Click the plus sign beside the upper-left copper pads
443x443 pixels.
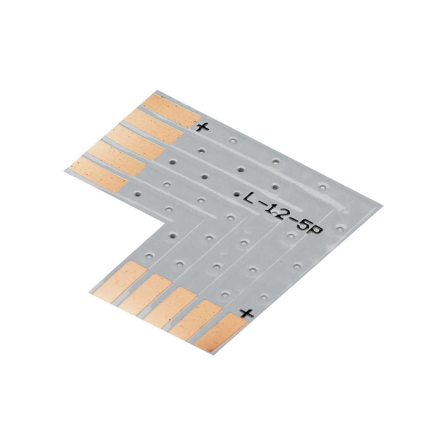click(203, 127)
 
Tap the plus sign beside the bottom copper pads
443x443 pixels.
click(246, 313)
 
